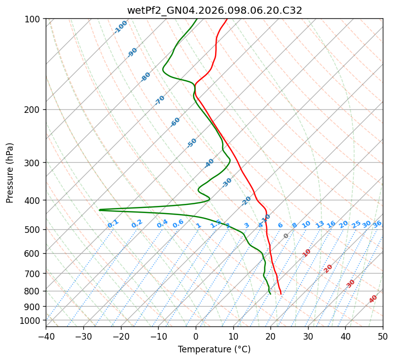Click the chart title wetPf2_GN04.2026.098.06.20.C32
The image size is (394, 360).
coord(215,10)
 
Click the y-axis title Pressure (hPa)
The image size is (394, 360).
coord(10,172)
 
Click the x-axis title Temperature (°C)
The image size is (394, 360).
coord(214,349)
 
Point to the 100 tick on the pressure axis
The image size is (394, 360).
coord(34,19)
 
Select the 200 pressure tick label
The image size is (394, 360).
coord(34,110)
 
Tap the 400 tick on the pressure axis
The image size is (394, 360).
coord(34,200)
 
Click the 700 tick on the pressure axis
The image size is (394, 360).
coord(34,274)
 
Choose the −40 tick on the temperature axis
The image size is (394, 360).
coord(46,336)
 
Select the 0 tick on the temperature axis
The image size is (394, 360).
coord(196,336)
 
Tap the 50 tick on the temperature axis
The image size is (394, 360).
coord(383,336)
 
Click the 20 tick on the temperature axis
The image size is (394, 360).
coord(270,336)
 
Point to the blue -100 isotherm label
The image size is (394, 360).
coord(121,27)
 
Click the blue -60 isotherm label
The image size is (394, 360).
coord(175,122)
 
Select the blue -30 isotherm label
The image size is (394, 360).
coord(227,182)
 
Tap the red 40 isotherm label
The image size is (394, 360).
coord(373,299)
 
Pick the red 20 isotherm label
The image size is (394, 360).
coord(328,268)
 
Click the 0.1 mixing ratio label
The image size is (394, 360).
coord(113,223)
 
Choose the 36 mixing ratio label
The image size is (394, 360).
coord(377,224)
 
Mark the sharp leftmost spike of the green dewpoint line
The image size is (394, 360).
coord(100,209)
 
